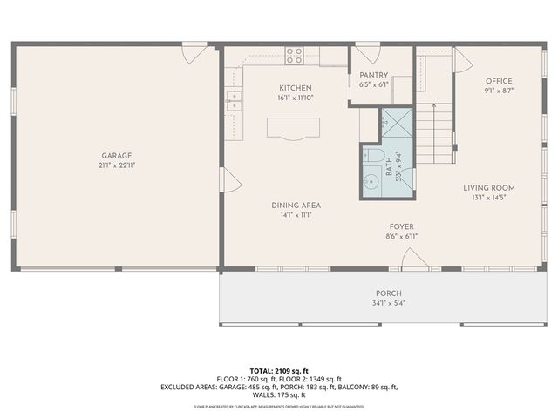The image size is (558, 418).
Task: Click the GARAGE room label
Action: [116, 156]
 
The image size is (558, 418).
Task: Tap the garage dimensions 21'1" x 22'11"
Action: [116, 165]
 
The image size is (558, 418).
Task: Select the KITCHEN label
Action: [295, 88]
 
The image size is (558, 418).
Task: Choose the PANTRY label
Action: [373, 76]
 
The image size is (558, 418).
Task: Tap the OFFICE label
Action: [499, 81]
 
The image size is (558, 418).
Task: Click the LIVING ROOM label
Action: [488, 187]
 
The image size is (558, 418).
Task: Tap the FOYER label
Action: [401, 226]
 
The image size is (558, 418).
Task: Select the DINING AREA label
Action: [296, 205]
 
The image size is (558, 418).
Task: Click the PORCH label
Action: [388, 293]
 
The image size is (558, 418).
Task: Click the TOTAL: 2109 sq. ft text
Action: [278, 370]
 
